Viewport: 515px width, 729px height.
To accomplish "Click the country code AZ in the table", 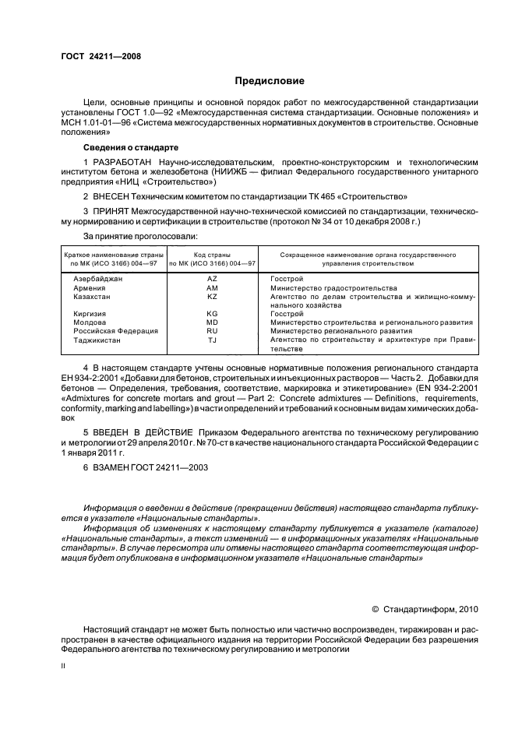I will (x=212, y=279).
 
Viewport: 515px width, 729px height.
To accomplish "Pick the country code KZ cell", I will (x=212, y=297).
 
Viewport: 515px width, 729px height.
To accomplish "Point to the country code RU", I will (x=212, y=331).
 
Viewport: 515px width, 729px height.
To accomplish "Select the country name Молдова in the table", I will (x=90, y=322).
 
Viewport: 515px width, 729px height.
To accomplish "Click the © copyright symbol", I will (x=374, y=609).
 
